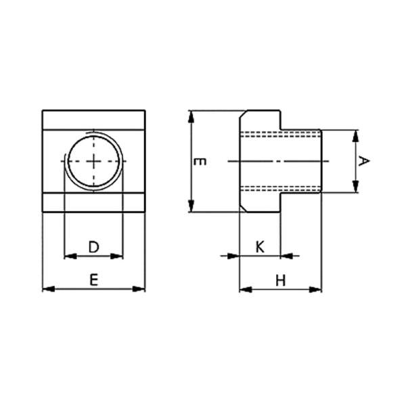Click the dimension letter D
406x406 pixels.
pyautogui.click(x=94, y=247)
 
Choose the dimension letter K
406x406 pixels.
pyautogui.click(x=260, y=247)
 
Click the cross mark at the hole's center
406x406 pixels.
pyautogui.click(x=94, y=161)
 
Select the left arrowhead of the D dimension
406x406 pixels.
pyautogui.click(x=68, y=256)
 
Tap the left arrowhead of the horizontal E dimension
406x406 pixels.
pyautogui.click(x=47, y=289)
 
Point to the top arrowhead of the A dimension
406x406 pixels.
pyautogui.click(x=355, y=135)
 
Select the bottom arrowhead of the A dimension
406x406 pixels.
pyautogui.click(x=355, y=189)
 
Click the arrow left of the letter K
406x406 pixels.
pyautogui.click(x=234, y=256)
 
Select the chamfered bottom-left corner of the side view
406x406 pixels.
pyautogui.click(x=242, y=210)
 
